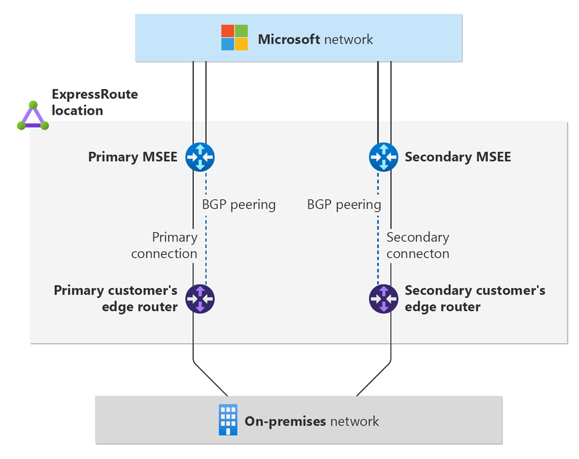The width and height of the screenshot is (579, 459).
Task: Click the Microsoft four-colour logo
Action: click(x=234, y=38)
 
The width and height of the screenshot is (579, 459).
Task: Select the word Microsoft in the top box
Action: click(x=289, y=39)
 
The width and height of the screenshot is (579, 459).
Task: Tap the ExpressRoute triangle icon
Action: click(x=33, y=116)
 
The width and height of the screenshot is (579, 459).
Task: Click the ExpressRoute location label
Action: click(x=94, y=102)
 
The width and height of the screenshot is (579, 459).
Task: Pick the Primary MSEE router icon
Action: click(x=200, y=157)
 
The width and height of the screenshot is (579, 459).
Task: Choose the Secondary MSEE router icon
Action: click(x=383, y=157)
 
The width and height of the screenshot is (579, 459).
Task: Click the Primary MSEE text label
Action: click(x=133, y=157)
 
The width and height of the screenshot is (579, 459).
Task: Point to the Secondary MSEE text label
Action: click(x=457, y=157)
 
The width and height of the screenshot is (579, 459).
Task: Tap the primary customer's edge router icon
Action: click(x=200, y=299)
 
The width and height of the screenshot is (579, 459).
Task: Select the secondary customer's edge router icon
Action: click(x=383, y=299)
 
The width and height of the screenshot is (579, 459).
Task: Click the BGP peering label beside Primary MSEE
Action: click(x=239, y=204)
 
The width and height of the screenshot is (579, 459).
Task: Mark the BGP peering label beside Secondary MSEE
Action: click(x=344, y=204)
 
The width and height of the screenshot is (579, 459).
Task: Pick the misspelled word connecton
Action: click(x=417, y=254)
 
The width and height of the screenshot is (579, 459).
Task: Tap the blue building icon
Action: click(x=228, y=420)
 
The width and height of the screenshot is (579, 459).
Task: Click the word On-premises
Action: click(x=285, y=421)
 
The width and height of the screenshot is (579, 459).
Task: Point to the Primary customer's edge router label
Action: click(x=116, y=298)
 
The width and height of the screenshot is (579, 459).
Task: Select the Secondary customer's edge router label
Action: click(x=474, y=298)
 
